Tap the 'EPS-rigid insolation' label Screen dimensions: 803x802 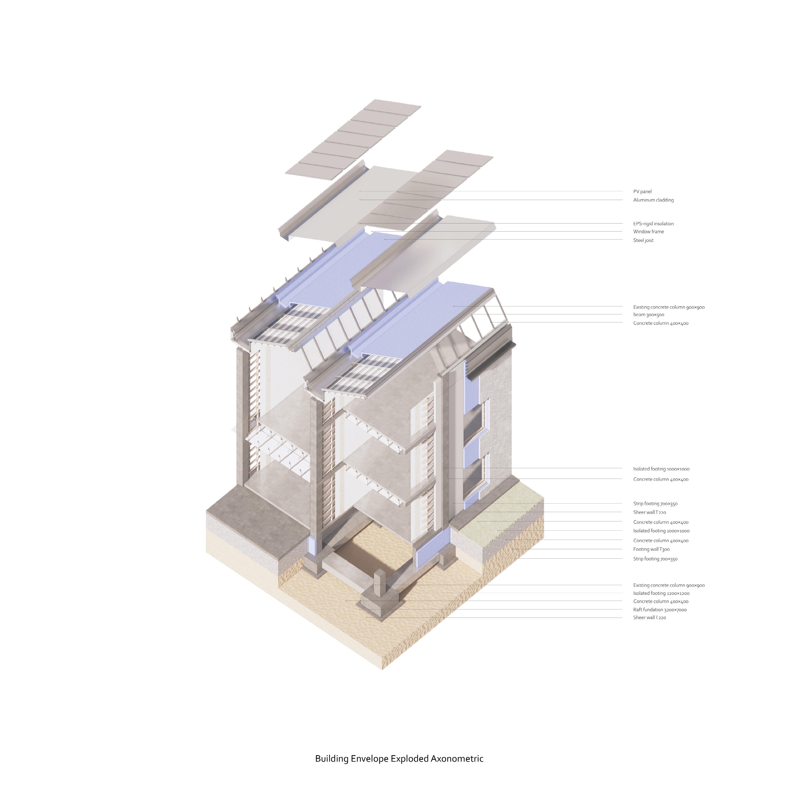(653, 224)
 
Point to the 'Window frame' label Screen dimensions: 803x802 (648, 231)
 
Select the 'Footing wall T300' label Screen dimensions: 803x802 (651, 549)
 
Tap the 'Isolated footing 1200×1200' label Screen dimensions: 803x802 (661, 593)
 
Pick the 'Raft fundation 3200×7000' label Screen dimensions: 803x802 (660, 610)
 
